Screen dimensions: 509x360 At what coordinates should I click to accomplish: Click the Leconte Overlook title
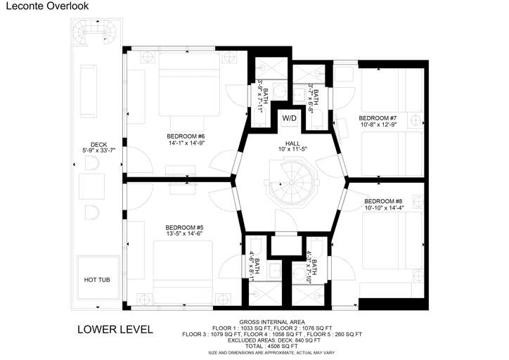(47, 6)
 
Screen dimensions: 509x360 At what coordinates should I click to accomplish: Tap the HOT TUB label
(97, 280)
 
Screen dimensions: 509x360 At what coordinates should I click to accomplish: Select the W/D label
(289, 119)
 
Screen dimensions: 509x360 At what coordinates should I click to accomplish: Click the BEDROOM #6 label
(186, 136)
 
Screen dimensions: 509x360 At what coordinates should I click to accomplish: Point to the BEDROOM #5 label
(184, 228)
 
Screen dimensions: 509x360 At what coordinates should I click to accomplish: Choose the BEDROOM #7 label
(378, 118)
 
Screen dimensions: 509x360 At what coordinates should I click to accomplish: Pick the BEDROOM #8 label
(383, 201)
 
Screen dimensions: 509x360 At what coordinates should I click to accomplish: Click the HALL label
(292, 143)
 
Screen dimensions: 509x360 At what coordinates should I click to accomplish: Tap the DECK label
(98, 144)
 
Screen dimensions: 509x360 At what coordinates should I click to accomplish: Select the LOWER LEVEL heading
(115, 330)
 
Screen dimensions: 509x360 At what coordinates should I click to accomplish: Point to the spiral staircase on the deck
(95, 32)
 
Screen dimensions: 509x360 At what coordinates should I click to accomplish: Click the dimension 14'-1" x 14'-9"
(186, 143)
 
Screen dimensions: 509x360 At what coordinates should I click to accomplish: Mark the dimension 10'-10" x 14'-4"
(385, 207)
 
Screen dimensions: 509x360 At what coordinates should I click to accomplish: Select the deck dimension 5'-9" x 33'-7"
(98, 150)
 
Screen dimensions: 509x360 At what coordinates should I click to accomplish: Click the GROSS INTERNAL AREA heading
(272, 322)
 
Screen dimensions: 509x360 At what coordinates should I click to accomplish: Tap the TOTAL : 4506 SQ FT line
(271, 347)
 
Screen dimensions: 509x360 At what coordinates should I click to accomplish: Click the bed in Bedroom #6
(189, 84)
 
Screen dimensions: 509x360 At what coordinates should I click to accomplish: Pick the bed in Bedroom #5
(183, 272)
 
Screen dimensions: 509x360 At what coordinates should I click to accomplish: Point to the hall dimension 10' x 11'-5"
(292, 149)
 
